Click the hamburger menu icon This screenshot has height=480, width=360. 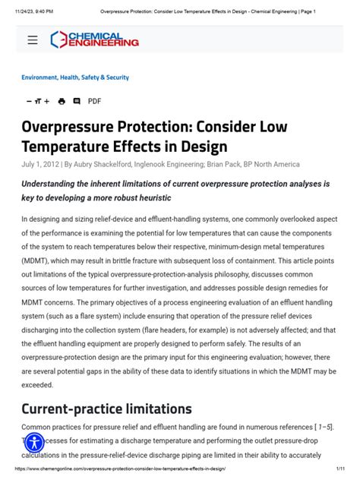click(33, 40)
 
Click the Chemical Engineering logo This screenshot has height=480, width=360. click(94, 39)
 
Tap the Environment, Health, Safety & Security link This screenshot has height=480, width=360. click(75, 77)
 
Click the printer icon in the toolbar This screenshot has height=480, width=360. click(62, 101)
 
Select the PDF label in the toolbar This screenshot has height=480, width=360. click(94, 101)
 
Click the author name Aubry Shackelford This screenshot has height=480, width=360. click(100, 164)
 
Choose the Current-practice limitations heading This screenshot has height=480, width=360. click(106, 408)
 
